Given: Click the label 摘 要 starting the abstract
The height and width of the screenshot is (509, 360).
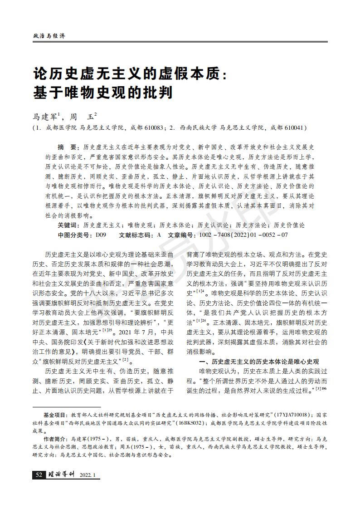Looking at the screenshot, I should click(x=68, y=148).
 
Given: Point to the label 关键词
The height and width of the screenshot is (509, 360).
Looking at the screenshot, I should click(x=68, y=225).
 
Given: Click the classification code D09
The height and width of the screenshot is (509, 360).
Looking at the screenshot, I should click(x=101, y=235).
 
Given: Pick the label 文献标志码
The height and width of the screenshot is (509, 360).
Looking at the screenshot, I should click(x=136, y=235).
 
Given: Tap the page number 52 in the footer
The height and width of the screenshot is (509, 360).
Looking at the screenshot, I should click(x=39, y=475).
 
